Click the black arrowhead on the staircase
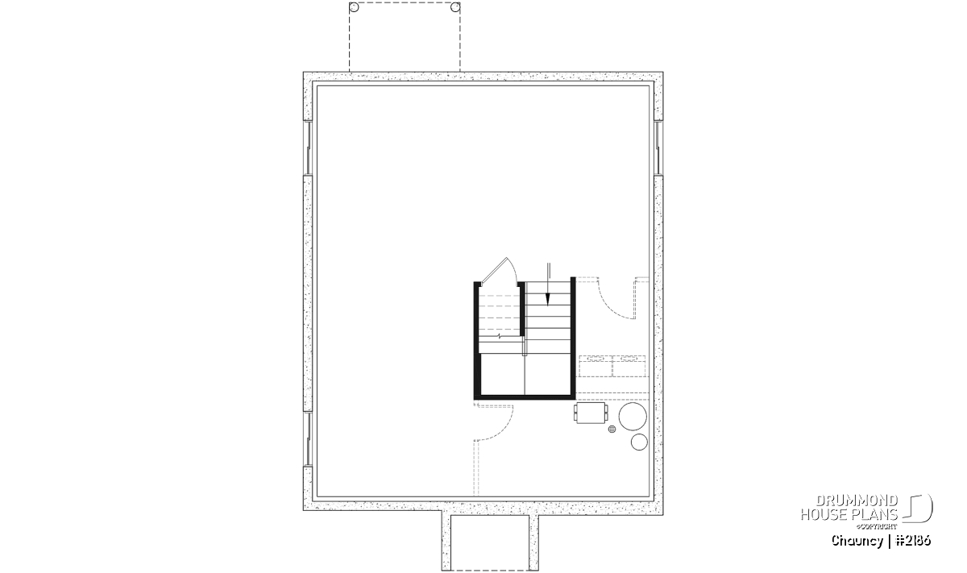click(x=548, y=299)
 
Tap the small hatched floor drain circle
click(x=612, y=429)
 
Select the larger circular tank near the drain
click(x=633, y=417)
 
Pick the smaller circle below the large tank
click(x=639, y=442)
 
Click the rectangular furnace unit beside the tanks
click(x=591, y=413)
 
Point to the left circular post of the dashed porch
click(x=354, y=7)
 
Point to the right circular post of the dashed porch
click(x=455, y=7)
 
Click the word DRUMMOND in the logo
click(x=857, y=501)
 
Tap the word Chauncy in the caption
click(x=857, y=541)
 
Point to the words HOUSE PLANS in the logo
click(x=849, y=515)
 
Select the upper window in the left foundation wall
click(x=308, y=148)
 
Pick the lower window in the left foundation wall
click(x=308, y=438)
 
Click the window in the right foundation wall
click(x=658, y=148)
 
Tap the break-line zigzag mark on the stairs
click(x=500, y=335)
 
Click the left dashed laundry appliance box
click(x=596, y=366)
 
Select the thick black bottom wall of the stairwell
click(x=525, y=397)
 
